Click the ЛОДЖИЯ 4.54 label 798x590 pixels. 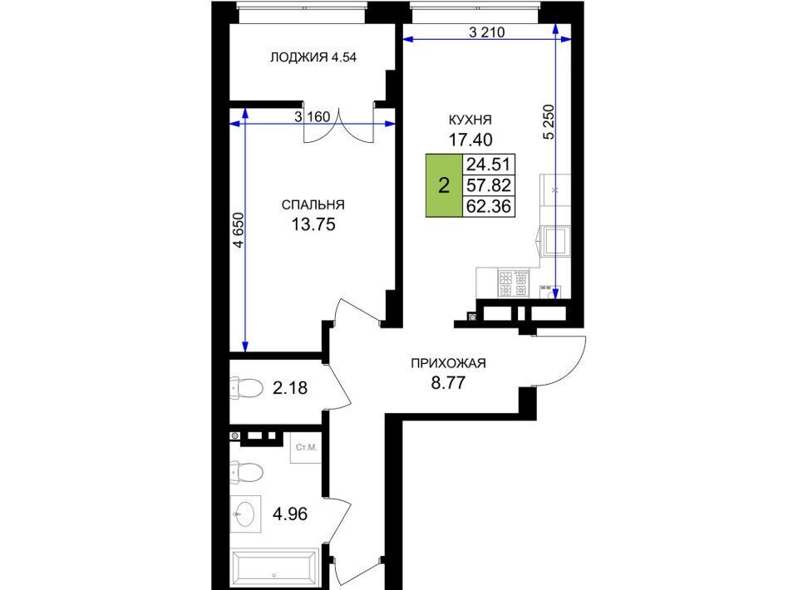click(313, 57)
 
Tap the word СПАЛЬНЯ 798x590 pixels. click(313, 205)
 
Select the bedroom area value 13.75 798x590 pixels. click(313, 224)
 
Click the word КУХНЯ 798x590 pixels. click(470, 120)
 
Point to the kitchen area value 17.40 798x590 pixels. click(470, 140)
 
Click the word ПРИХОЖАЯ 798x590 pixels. click(448, 364)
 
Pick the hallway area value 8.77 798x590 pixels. click(448, 382)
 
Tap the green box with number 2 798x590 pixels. click(444, 185)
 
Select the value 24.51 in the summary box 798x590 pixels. click(489, 165)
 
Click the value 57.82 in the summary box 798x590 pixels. click(489, 185)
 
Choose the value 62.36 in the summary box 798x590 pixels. click(489, 206)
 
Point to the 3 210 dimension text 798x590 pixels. click(486, 32)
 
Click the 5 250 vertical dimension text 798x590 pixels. click(549, 122)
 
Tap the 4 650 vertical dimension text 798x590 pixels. click(239, 230)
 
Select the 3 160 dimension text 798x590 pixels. click(312, 117)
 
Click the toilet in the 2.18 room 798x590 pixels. click(246, 388)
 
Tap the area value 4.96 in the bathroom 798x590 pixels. click(290, 514)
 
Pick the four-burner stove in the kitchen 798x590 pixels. click(514, 283)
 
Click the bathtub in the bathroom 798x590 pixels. click(273, 568)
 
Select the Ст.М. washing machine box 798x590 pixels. click(306, 448)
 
